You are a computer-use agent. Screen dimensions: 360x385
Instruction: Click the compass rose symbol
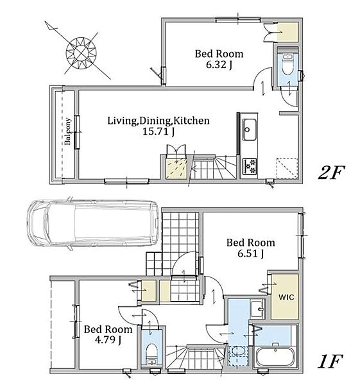pos(81,53)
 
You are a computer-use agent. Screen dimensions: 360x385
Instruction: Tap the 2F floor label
pos(331,173)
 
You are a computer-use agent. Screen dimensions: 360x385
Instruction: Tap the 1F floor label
pos(330,361)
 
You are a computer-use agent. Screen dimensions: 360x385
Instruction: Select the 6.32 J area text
pos(219,65)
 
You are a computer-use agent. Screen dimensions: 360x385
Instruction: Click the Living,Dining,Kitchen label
pos(159,121)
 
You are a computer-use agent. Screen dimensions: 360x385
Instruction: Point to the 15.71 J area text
pos(159,132)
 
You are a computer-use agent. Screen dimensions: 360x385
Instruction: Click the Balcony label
pos(67,132)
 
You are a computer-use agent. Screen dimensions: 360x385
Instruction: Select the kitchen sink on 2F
pos(249,130)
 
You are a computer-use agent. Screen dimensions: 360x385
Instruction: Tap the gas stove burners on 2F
pos(250,166)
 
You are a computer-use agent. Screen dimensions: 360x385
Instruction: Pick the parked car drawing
pos(92,224)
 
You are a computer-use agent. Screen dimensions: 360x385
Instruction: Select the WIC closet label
pos(286,297)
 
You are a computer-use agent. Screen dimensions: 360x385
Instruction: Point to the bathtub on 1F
pos(275,357)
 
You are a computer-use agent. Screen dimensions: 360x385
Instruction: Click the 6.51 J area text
pos(250,253)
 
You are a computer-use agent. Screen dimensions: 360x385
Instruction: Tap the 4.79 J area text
pos(108,340)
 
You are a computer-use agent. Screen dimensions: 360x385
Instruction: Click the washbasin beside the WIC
pos(257,309)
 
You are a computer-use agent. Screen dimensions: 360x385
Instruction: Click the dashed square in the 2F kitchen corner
pos(287,168)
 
